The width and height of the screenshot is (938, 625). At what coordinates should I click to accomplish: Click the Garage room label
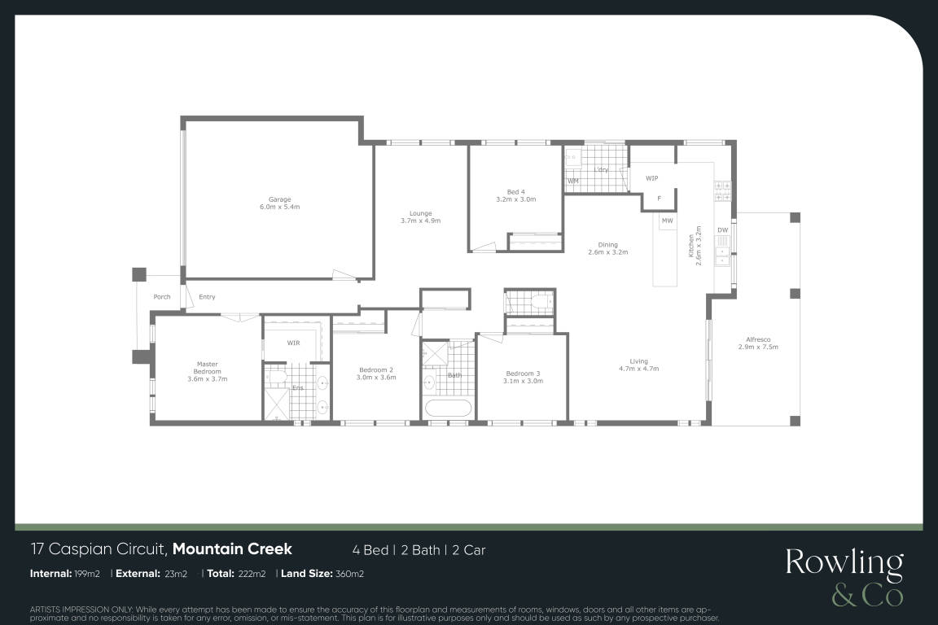279,203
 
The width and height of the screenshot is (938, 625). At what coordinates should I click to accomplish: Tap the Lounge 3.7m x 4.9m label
420,217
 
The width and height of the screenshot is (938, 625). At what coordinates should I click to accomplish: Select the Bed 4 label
515,195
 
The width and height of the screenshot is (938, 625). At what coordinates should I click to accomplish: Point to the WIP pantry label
652,178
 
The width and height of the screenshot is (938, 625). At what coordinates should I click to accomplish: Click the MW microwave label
667,221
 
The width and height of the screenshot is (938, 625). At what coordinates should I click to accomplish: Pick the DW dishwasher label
723,230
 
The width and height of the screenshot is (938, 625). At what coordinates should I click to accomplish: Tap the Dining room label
607,248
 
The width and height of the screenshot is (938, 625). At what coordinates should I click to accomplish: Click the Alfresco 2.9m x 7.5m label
758,343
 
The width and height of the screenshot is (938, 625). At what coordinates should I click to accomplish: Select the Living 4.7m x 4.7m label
639,365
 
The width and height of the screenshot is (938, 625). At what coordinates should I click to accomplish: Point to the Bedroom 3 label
523,377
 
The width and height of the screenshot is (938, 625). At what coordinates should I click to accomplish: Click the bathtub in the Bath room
448,409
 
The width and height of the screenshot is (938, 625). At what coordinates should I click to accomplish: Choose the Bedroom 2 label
376,374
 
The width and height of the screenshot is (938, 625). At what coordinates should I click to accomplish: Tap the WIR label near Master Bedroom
293,343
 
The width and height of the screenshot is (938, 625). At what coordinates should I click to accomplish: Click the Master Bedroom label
208,371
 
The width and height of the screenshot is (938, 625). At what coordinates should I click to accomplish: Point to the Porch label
161,297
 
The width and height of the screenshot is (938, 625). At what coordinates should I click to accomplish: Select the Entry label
207,297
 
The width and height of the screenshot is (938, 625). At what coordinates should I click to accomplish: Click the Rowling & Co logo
844,577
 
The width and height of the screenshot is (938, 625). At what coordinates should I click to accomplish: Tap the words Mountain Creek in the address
232,549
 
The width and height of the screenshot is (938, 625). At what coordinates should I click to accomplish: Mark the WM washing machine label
573,181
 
